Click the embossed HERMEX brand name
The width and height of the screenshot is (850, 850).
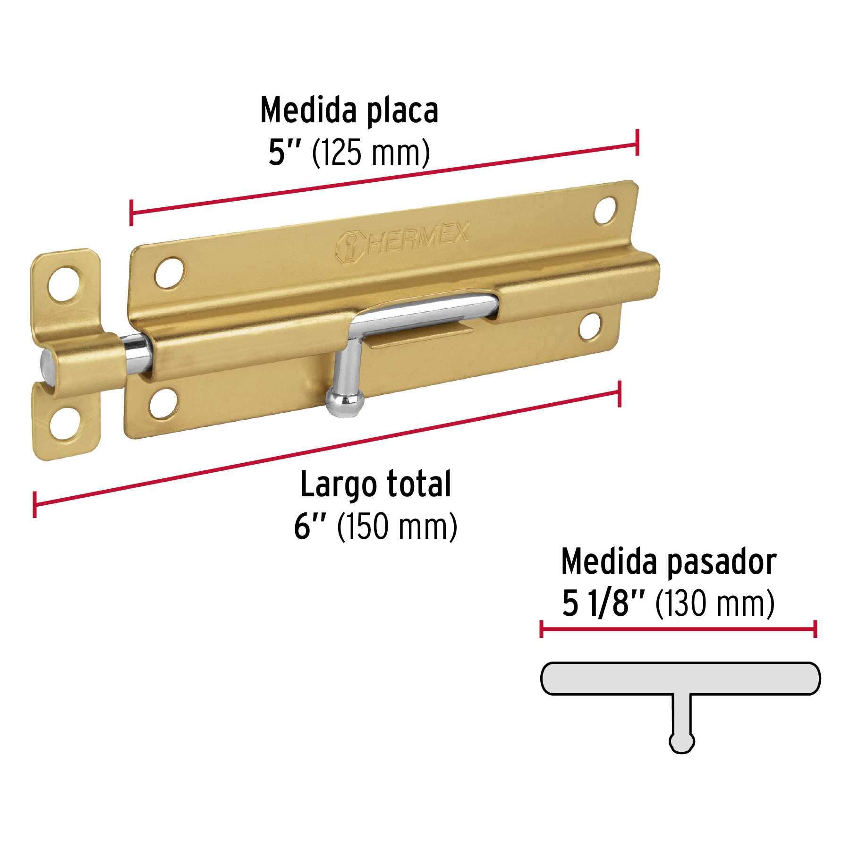point(418,239)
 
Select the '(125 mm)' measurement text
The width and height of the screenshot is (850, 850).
point(371,153)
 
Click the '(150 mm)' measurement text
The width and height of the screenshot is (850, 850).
point(397,527)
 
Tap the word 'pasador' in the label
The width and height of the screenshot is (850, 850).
point(722,562)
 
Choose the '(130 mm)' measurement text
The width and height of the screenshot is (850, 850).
point(715,603)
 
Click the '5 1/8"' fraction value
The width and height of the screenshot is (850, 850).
point(603,603)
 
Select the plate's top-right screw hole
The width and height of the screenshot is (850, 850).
point(605,211)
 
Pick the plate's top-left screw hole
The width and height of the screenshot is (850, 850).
point(169,272)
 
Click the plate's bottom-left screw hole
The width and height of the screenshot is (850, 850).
point(163,403)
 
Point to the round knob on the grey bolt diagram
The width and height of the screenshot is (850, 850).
point(681,742)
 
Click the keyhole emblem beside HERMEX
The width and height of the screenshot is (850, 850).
point(350,246)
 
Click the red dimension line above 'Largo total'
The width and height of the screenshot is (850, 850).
point(326,449)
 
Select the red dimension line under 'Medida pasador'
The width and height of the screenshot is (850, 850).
point(678,629)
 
